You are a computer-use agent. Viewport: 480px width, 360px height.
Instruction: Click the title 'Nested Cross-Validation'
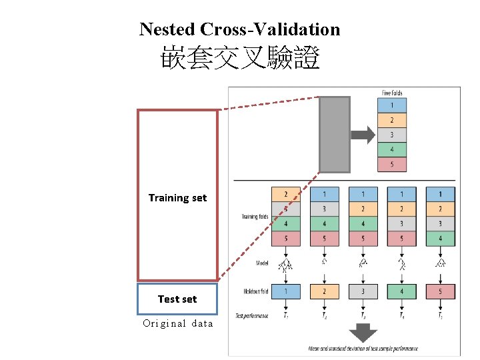[x=239, y=29]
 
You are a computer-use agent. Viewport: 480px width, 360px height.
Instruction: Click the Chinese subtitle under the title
[x=240, y=60]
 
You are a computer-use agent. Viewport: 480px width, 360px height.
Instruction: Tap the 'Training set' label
[x=177, y=198]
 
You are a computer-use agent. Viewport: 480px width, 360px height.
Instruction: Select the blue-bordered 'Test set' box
[x=177, y=299]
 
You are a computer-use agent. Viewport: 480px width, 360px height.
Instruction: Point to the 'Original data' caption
[x=178, y=324]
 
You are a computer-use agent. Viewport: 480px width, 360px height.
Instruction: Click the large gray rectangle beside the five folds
[x=335, y=135]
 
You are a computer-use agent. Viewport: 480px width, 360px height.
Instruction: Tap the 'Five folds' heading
[x=391, y=93]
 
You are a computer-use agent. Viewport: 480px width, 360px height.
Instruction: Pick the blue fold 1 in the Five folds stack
[x=391, y=105]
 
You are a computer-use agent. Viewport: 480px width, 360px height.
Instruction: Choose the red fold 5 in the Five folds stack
[x=391, y=165]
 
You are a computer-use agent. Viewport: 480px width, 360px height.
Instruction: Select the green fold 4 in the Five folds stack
[x=391, y=150]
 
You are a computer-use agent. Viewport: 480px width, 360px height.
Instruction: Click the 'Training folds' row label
[x=255, y=217]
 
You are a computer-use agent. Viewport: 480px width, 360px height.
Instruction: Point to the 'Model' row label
[x=263, y=263]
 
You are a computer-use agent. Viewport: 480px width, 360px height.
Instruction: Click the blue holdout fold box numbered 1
[x=286, y=291]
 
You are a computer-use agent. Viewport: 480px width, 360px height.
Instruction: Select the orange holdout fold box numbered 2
[x=325, y=291]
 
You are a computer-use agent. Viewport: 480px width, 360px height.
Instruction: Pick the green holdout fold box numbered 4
[x=402, y=291]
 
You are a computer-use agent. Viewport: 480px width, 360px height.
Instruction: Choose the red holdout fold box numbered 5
[x=440, y=291]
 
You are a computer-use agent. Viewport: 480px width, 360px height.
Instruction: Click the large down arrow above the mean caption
[x=363, y=332]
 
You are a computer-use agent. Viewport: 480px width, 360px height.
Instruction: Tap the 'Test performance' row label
[x=252, y=315]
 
